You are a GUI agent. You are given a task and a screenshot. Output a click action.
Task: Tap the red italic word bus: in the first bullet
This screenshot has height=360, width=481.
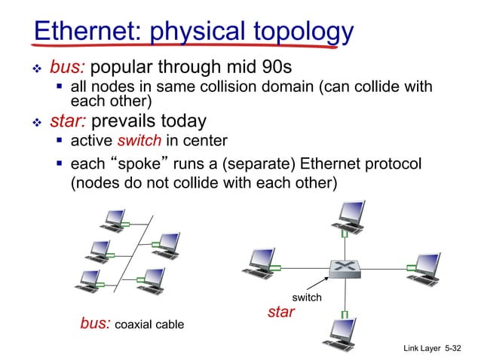click(67, 67)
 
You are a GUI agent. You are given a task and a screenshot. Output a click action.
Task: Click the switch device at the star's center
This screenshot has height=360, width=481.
click(345, 267)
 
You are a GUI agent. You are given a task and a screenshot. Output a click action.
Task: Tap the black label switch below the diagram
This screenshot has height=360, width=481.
click(308, 297)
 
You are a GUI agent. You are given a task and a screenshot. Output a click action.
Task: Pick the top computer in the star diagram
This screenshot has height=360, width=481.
click(348, 214)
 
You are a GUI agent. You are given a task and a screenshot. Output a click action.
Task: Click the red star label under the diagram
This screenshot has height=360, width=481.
click(281, 311)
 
